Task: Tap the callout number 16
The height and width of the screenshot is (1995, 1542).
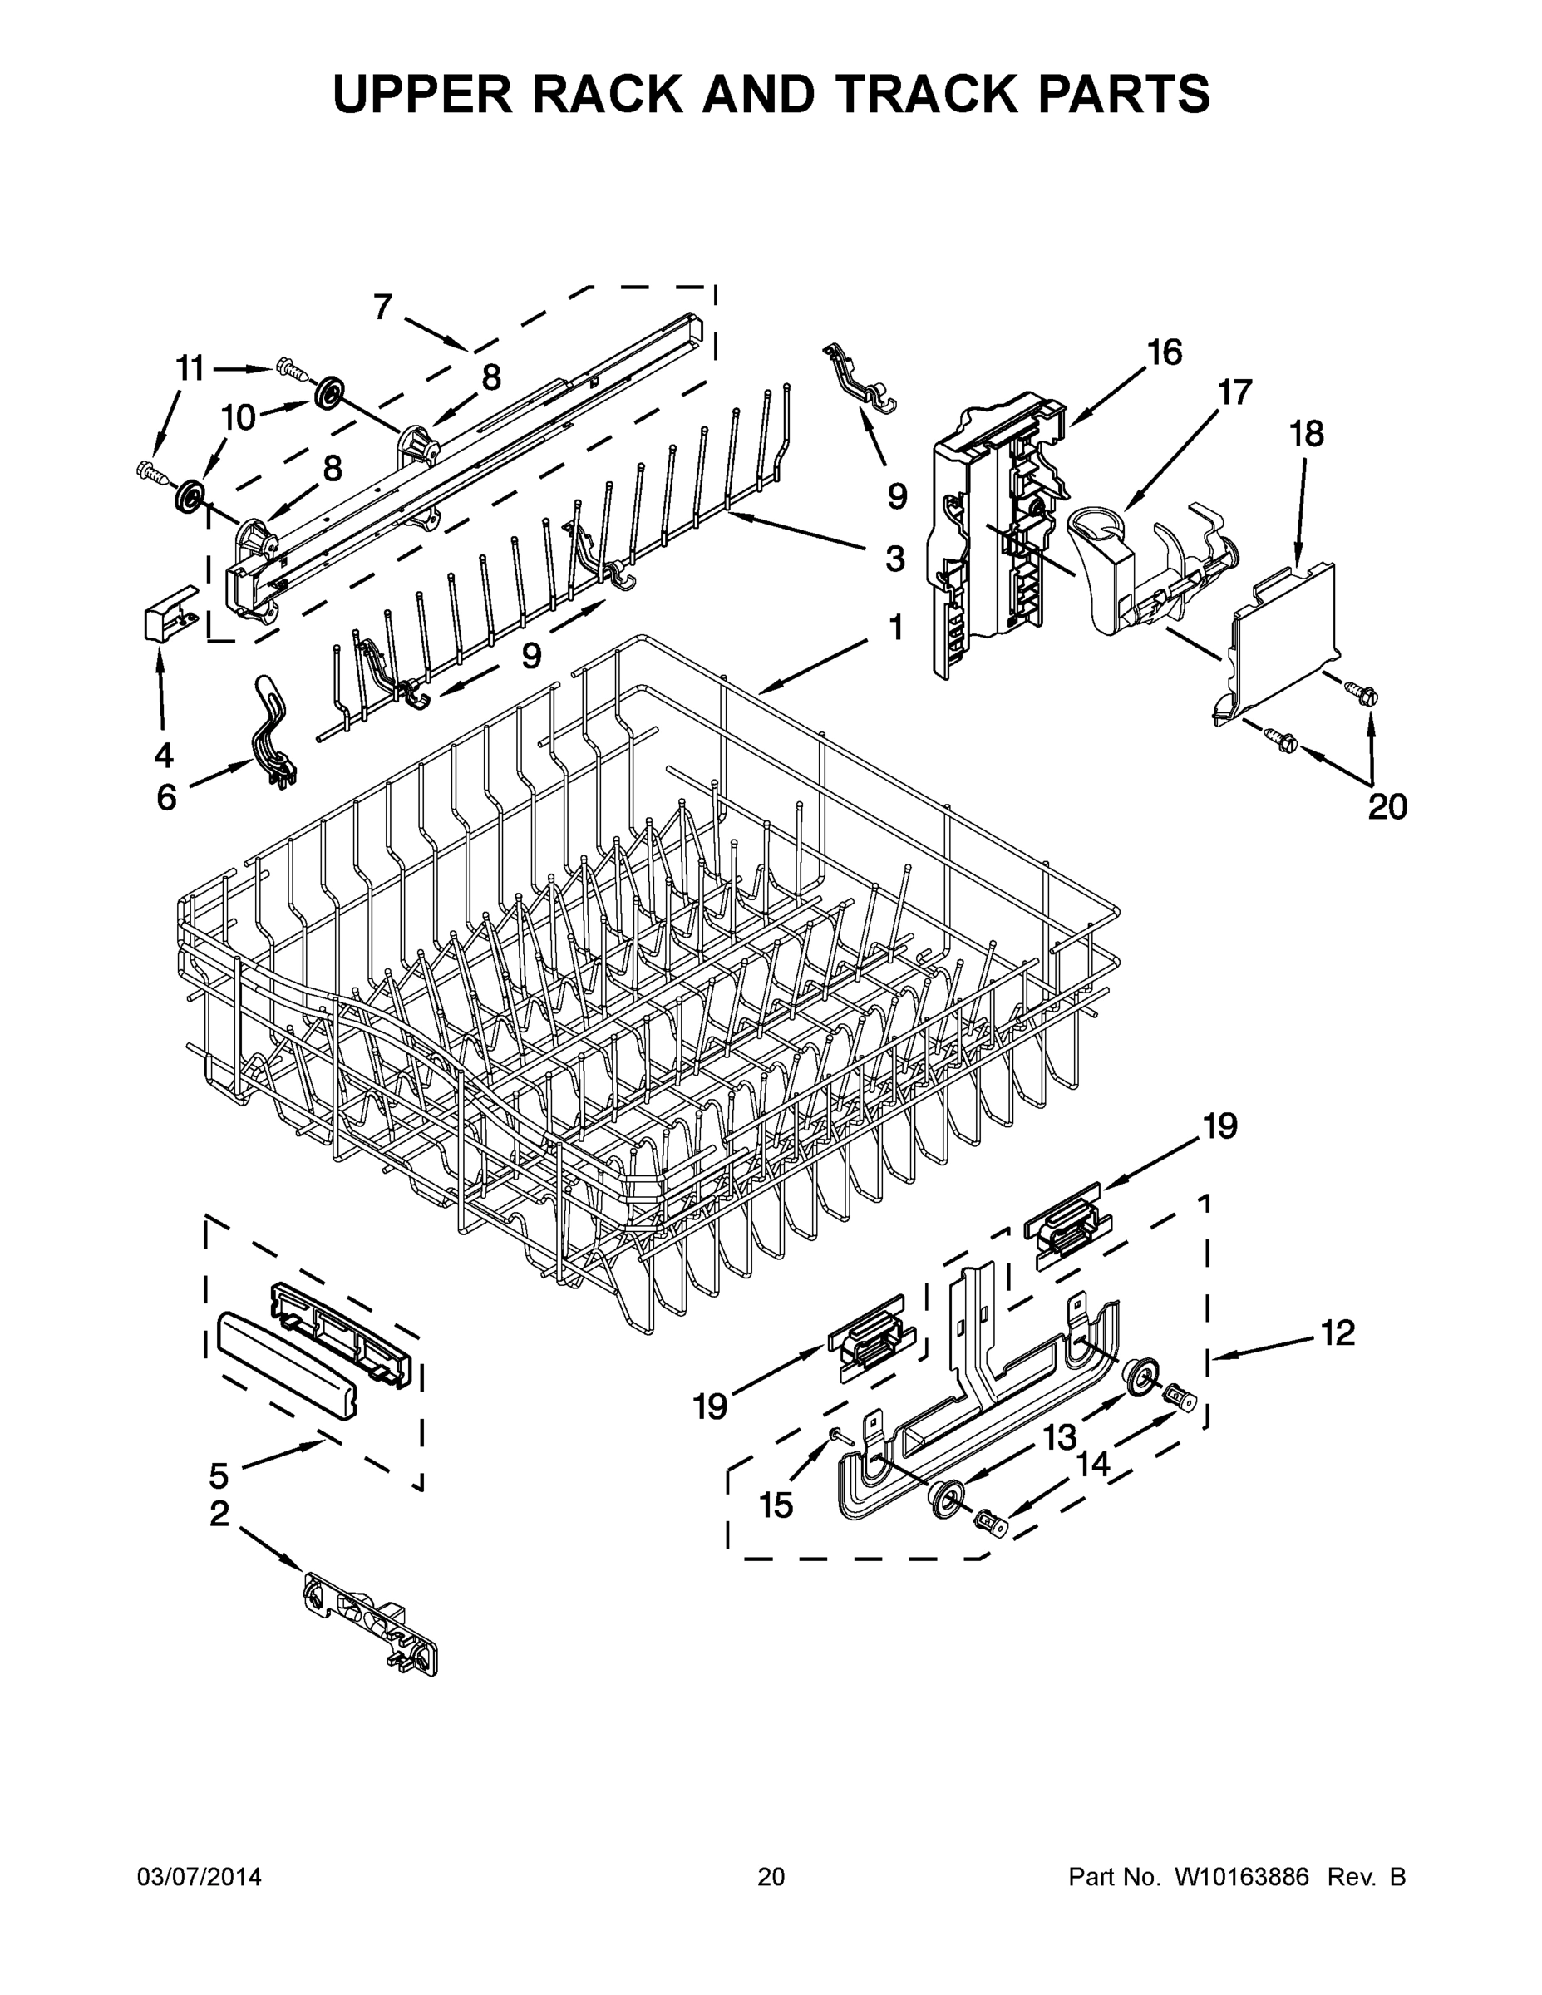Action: (x=1165, y=352)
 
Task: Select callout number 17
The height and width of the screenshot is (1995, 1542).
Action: (x=1234, y=393)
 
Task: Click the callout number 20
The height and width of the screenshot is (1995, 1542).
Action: (x=1387, y=806)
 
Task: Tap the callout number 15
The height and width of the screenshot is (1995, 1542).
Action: (x=776, y=1505)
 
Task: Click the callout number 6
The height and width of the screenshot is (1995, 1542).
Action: (x=166, y=797)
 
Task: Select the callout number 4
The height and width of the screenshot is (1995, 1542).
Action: (x=164, y=755)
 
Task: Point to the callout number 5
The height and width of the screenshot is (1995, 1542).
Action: (x=219, y=1475)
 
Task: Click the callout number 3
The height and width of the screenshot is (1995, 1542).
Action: (x=895, y=558)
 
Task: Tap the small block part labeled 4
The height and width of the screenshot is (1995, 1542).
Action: (x=171, y=613)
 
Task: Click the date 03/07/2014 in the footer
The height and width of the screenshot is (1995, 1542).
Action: (x=200, y=1877)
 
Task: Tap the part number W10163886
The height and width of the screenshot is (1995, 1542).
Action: (x=1241, y=1877)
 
